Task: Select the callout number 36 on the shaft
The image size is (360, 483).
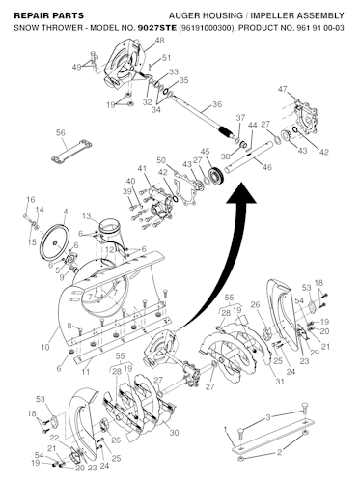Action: pyautogui.click(x=217, y=104)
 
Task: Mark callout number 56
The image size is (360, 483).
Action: pyautogui.click(x=60, y=132)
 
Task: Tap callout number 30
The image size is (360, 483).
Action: pyautogui.click(x=175, y=431)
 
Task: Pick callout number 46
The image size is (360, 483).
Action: pyautogui.click(x=267, y=167)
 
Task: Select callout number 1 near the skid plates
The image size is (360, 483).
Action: pyautogui.click(x=225, y=428)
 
